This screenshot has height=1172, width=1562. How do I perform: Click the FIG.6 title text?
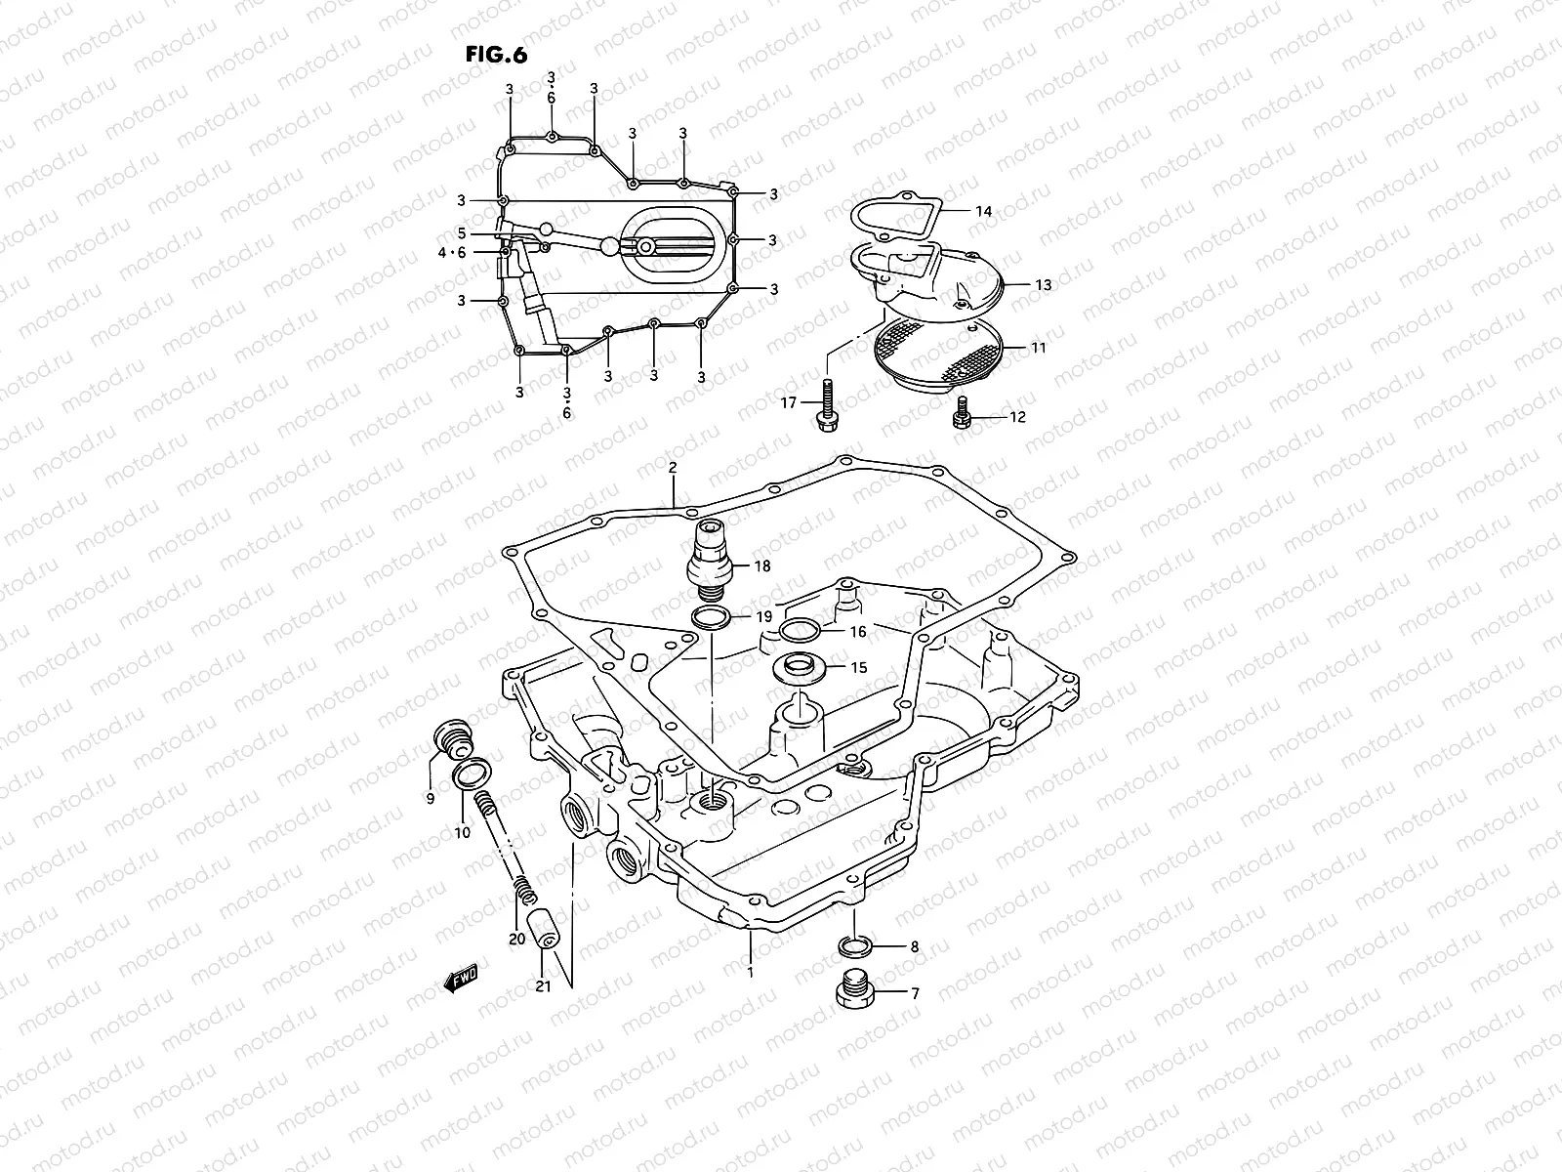tap(496, 55)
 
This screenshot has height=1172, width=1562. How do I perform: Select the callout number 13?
tap(1044, 285)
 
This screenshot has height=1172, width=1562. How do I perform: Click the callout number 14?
tap(983, 211)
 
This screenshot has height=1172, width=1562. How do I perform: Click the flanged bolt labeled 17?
tap(827, 404)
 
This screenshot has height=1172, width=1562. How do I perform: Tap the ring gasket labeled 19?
tap(709, 617)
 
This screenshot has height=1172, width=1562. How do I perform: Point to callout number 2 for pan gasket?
tap(673, 468)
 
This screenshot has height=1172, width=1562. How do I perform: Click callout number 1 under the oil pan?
tap(750, 973)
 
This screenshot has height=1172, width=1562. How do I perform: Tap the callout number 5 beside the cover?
tap(462, 233)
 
